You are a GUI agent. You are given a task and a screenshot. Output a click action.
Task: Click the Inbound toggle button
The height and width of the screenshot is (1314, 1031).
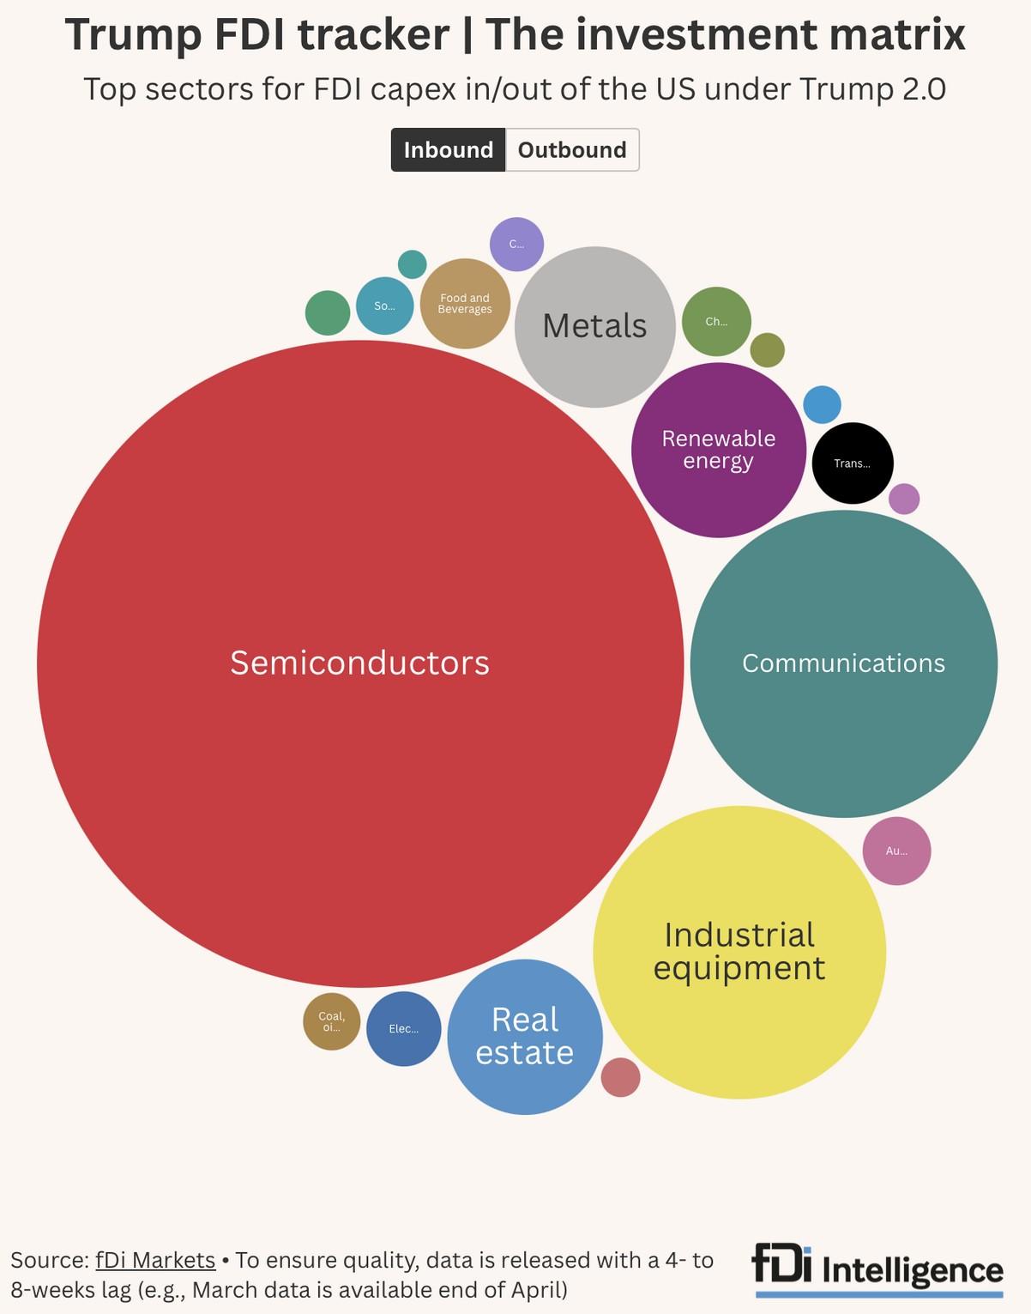[448, 150]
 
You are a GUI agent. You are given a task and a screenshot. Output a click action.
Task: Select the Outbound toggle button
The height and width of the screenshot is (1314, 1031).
[572, 150]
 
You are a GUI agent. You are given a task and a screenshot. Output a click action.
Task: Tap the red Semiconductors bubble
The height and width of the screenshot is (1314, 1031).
[360, 663]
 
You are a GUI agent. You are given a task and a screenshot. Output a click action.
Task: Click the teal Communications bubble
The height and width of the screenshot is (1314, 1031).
[843, 663]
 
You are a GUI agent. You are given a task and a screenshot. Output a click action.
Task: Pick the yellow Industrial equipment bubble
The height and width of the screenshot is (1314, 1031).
[739, 952]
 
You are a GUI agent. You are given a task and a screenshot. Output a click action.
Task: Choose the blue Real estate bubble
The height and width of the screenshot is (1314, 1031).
[525, 1036]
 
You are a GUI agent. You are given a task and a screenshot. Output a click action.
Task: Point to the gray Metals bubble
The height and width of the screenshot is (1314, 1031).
[594, 326]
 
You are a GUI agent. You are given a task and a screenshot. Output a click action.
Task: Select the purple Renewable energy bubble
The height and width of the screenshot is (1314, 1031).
[719, 450]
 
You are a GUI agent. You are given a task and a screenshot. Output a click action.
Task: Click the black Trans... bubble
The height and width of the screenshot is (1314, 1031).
[853, 463]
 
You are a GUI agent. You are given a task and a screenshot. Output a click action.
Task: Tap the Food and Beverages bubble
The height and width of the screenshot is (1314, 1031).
[465, 304]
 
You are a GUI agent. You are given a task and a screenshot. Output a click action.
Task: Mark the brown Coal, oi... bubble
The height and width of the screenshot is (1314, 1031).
[332, 1021]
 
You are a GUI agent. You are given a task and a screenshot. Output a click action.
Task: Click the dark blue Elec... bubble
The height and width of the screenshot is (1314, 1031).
[404, 1029]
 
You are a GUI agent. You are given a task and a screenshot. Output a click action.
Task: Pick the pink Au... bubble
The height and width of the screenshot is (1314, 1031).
[896, 851]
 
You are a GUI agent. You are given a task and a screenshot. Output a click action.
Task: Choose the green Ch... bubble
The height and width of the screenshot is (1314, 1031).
[716, 322]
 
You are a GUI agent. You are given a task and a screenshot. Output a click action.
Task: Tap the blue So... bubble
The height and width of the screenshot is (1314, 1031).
[385, 306]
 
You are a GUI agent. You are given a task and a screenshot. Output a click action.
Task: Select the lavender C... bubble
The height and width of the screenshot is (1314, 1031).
[516, 244]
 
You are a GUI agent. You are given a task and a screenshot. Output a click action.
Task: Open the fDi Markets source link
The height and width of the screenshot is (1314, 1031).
[155, 1260]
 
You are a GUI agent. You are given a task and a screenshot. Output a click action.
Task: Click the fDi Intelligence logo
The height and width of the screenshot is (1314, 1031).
[877, 1269]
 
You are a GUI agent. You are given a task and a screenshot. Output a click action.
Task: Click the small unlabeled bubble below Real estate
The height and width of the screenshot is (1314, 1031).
[620, 1077]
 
